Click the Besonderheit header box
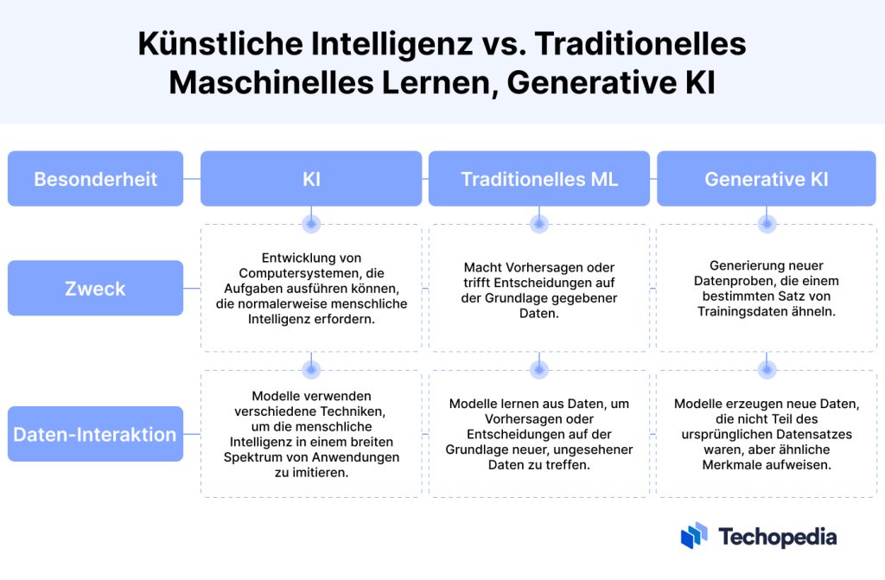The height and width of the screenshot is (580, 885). click(x=95, y=178)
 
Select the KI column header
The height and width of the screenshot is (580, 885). click(x=311, y=178)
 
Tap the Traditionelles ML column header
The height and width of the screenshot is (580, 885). click(x=539, y=178)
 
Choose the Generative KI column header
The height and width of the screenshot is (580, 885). click(x=767, y=178)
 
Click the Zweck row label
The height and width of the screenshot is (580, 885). click(x=95, y=288)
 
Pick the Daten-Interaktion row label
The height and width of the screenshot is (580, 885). click(x=95, y=434)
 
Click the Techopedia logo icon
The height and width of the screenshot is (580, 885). click(x=694, y=535)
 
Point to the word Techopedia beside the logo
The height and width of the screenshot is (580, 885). click(x=778, y=537)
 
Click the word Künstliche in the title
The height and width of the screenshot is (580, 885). click(x=220, y=43)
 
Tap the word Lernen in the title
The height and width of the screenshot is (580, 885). click(x=439, y=82)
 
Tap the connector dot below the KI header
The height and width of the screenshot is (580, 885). click(x=311, y=224)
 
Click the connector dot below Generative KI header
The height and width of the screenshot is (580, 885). click(x=767, y=224)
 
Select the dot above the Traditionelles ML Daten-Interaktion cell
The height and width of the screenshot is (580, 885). click(x=539, y=370)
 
